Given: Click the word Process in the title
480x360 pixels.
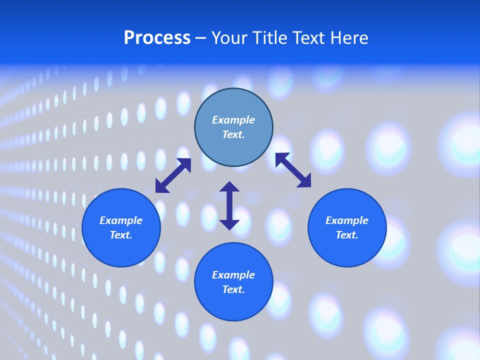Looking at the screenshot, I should [157, 38].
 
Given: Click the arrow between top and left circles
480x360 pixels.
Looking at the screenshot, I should [173, 175].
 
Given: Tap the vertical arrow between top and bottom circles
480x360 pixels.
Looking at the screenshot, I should [229, 205].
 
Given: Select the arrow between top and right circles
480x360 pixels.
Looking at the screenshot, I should [293, 170].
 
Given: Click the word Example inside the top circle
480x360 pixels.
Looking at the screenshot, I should [233, 120].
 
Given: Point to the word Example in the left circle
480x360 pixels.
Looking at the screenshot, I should [121, 220].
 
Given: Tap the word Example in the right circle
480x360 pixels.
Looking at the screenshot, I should [347, 220].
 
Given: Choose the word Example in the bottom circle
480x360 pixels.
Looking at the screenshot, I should [233, 275].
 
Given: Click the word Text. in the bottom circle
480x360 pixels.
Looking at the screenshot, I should [233, 289].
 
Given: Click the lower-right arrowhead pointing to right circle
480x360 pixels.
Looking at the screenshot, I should [305, 181].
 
